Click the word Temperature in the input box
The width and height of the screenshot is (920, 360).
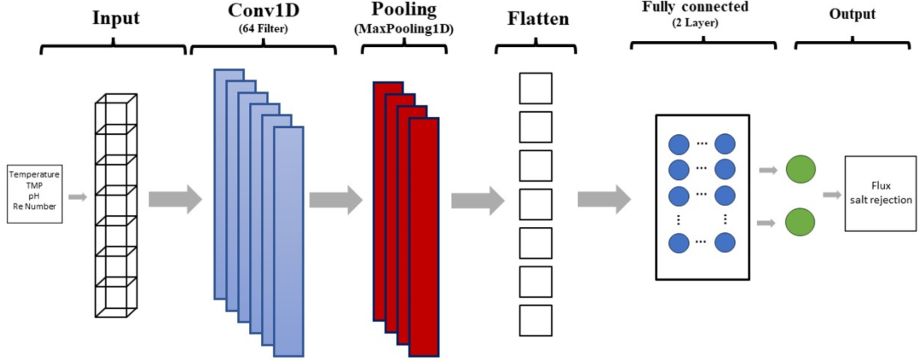(34, 175)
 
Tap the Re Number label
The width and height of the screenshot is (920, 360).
(34, 207)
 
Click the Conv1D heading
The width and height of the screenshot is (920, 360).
(263, 11)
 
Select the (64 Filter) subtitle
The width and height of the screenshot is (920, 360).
(263, 29)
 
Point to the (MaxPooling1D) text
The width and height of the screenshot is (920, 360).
(404, 29)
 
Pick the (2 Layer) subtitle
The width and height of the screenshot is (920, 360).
(695, 23)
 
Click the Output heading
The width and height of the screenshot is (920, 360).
(852, 14)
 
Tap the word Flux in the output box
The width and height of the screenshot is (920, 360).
(881, 185)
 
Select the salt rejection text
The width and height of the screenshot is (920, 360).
(881, 200)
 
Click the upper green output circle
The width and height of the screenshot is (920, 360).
(800, 169)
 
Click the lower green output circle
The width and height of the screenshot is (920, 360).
(800, 222)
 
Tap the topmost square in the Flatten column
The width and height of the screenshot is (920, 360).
(535, 88)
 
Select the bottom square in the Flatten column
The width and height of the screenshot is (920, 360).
(535, 321)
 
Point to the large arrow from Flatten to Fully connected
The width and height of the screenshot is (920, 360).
(604, 199)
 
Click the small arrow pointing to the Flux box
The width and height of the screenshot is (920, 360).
(832, 195)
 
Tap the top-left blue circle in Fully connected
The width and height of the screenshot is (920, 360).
(679, 144)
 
